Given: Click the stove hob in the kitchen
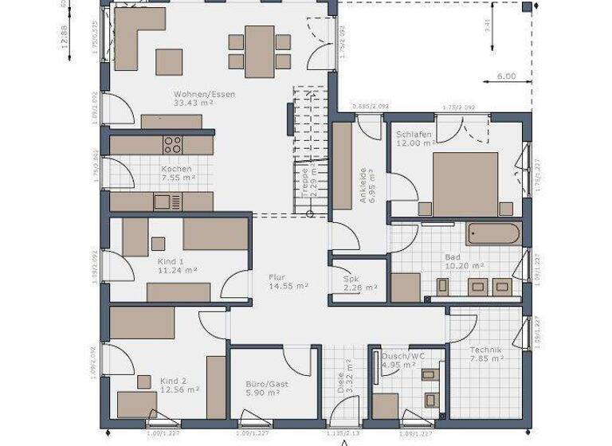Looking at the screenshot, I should pyautogui.click(x=173, y=145).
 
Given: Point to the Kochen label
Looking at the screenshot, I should pyautogui.click(x=176, y=169).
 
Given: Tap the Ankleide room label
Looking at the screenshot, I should pyautogui.click(x=363, y=185).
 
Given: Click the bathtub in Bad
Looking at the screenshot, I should pyautogui.click(x=494, y=235).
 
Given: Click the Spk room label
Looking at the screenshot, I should pyautogui.click(x=351, y=279).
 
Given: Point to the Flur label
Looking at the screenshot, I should pyautogui.click(x=278, y=276).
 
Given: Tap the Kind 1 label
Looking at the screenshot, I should pyautogui.click(x=171, y=261).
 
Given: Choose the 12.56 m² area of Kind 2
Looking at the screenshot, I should pyautogui.click(x=179, y=390).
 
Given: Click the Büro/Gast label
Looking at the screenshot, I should pyautogui.click(x=267, y=383).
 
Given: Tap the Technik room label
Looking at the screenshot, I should pyautogui.click(x=485, y=350).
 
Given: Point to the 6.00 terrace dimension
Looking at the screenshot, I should pyautogui.click(x=506, y=76).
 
